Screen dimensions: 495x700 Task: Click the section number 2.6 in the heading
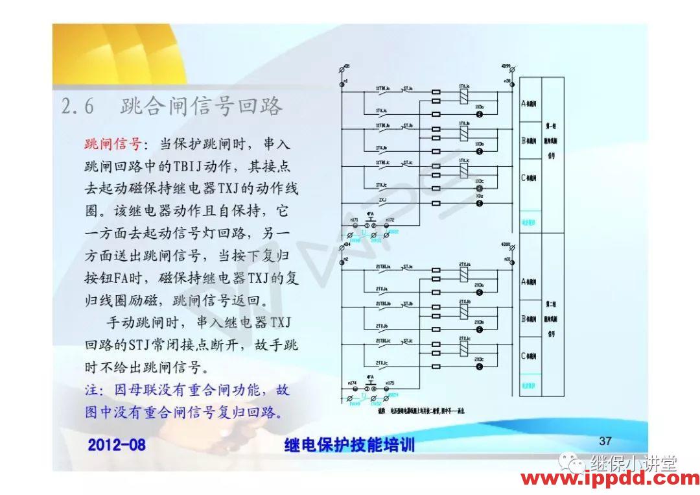pyautogui.click(x=78, y=106)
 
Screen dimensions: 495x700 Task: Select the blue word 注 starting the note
pyautogui.click(x=91, y=391)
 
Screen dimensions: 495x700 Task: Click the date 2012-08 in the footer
pyautogui.click(x=117, y=445)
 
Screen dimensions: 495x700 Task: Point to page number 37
pyautogui.click(x=605, y=441)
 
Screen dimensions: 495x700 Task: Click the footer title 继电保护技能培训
pyautogui.click(x=349, y=445)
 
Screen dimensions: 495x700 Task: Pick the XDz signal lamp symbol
pyautogui.click(x=480, y=204)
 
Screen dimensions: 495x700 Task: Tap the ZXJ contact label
pyautogui.click(x=382, y=200)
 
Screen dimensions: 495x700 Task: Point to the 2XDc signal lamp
pyautogui.click(x=480, y=367)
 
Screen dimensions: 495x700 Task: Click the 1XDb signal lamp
pyautogui.click(x=480, y=151)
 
